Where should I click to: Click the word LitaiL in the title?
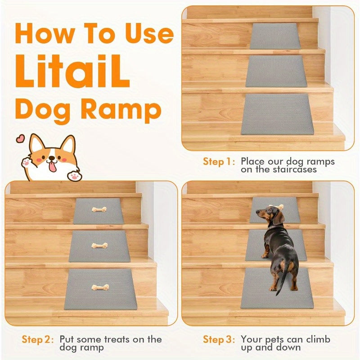click(72, 72)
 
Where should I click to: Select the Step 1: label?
click(219, 162)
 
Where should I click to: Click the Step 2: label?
click(38, 339)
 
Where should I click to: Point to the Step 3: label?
click(219, 339)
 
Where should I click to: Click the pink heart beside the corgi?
click(20, 138)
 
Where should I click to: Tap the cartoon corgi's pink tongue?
click(53, 166)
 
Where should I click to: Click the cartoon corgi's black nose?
click(52, 158)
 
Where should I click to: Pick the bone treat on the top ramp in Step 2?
click(99, 209)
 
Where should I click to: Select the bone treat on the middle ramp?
click(99, 245)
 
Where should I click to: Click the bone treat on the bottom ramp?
click(100, 287)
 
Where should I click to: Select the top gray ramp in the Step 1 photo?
click(275, 36)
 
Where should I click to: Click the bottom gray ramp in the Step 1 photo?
click(277, 114)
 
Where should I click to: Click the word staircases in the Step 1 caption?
click(295, 170)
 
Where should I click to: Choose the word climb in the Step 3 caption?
click(318, 339)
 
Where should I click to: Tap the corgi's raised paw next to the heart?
click(26, 163)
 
